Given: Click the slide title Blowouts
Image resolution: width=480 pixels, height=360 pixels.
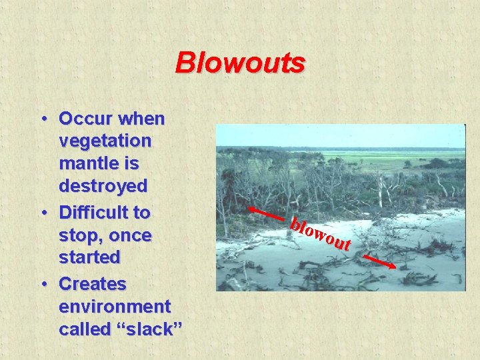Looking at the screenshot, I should tap(240, 63).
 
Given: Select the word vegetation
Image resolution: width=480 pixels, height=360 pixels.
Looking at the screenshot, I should tap(105, 142).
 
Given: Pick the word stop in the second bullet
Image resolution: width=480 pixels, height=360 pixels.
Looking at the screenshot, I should tap(77, 236).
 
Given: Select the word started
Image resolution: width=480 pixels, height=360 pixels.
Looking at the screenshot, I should tap(89, 257).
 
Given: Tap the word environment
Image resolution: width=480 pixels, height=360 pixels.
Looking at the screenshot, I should tap(115, 307).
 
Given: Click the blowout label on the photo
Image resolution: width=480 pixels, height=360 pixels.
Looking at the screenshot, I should tap(320, 235).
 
